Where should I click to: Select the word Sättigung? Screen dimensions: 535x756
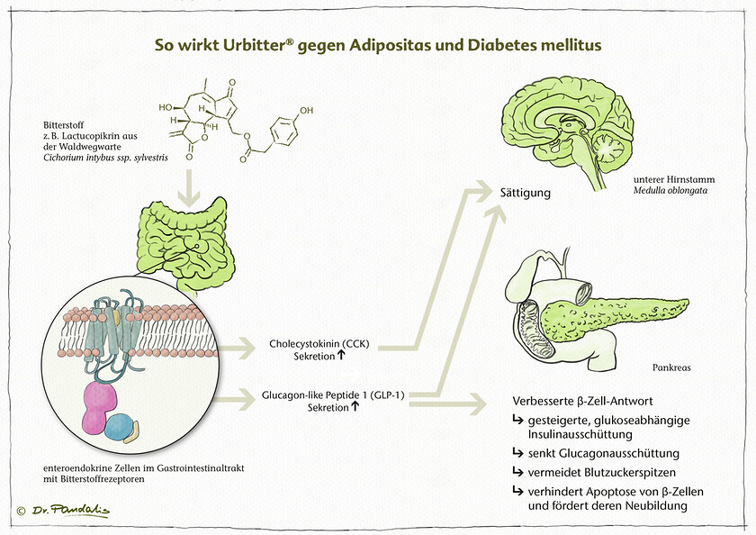tap(526, 193)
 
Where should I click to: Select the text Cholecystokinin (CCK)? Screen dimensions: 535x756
tap(319, 344)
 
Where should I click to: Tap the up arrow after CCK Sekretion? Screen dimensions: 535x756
tap(344, 357)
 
